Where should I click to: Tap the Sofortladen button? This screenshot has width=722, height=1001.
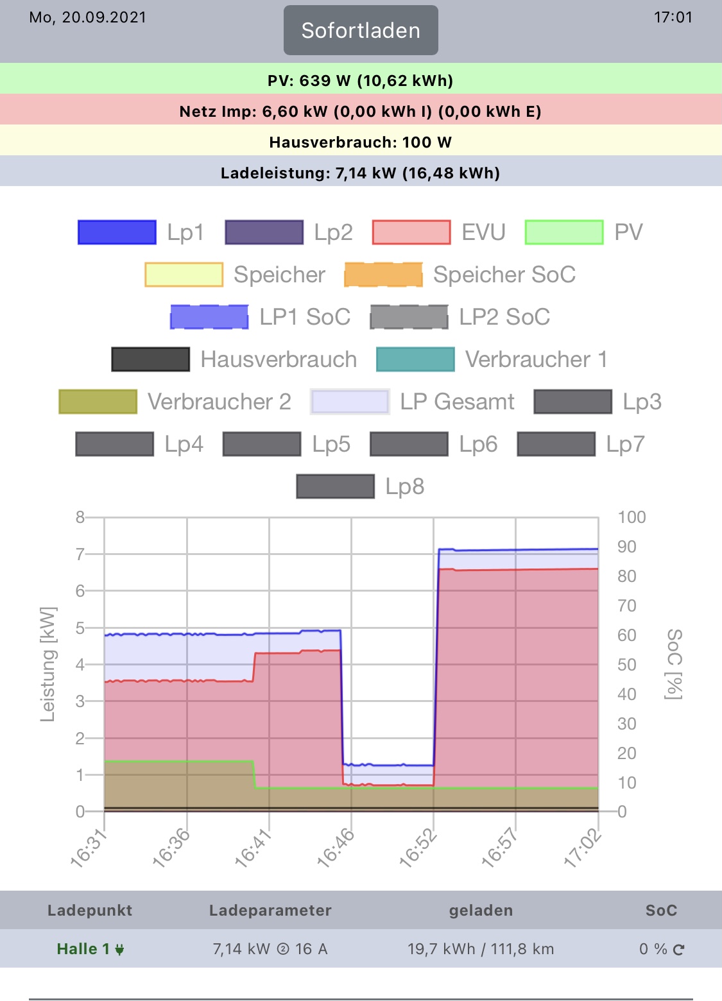point(361,30)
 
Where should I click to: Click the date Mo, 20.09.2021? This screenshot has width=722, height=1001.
point(88,17)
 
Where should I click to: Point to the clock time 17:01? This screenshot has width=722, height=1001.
point(673,17)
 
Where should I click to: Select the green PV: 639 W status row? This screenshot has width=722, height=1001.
point(361,80)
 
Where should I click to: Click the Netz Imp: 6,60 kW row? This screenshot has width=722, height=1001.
point(361,112)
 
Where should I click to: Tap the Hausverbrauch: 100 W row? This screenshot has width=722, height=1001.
point(361,142)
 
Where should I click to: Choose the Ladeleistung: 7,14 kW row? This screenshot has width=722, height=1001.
point(361,173)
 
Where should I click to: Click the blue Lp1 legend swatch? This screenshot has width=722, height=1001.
point(117,232)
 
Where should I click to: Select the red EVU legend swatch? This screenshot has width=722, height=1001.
point(411,232)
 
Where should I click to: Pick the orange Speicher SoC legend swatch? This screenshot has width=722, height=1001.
point(383,275)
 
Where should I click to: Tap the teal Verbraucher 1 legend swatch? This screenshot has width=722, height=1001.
point(415,359)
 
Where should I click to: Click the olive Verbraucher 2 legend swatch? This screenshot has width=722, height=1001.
point(98,402)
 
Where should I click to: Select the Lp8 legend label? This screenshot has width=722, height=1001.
point(405,486)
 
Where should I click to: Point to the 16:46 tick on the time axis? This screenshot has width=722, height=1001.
point(337,848)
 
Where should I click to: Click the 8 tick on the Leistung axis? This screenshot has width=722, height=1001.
point(80,517)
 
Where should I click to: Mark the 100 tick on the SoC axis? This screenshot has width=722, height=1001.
point(632,517)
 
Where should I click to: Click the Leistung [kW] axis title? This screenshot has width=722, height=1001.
point(48,664)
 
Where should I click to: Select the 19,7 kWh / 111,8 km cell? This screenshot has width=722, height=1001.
point(481,949)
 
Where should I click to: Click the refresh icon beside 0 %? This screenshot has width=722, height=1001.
point(679,950)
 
